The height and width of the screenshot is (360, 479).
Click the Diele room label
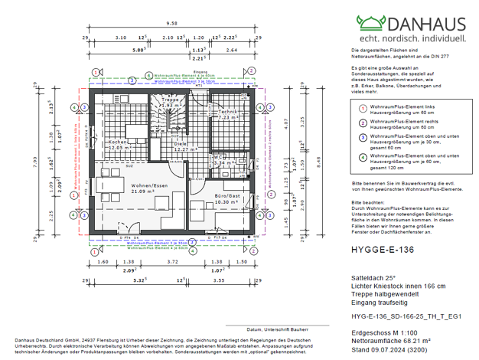pos(181,143)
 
